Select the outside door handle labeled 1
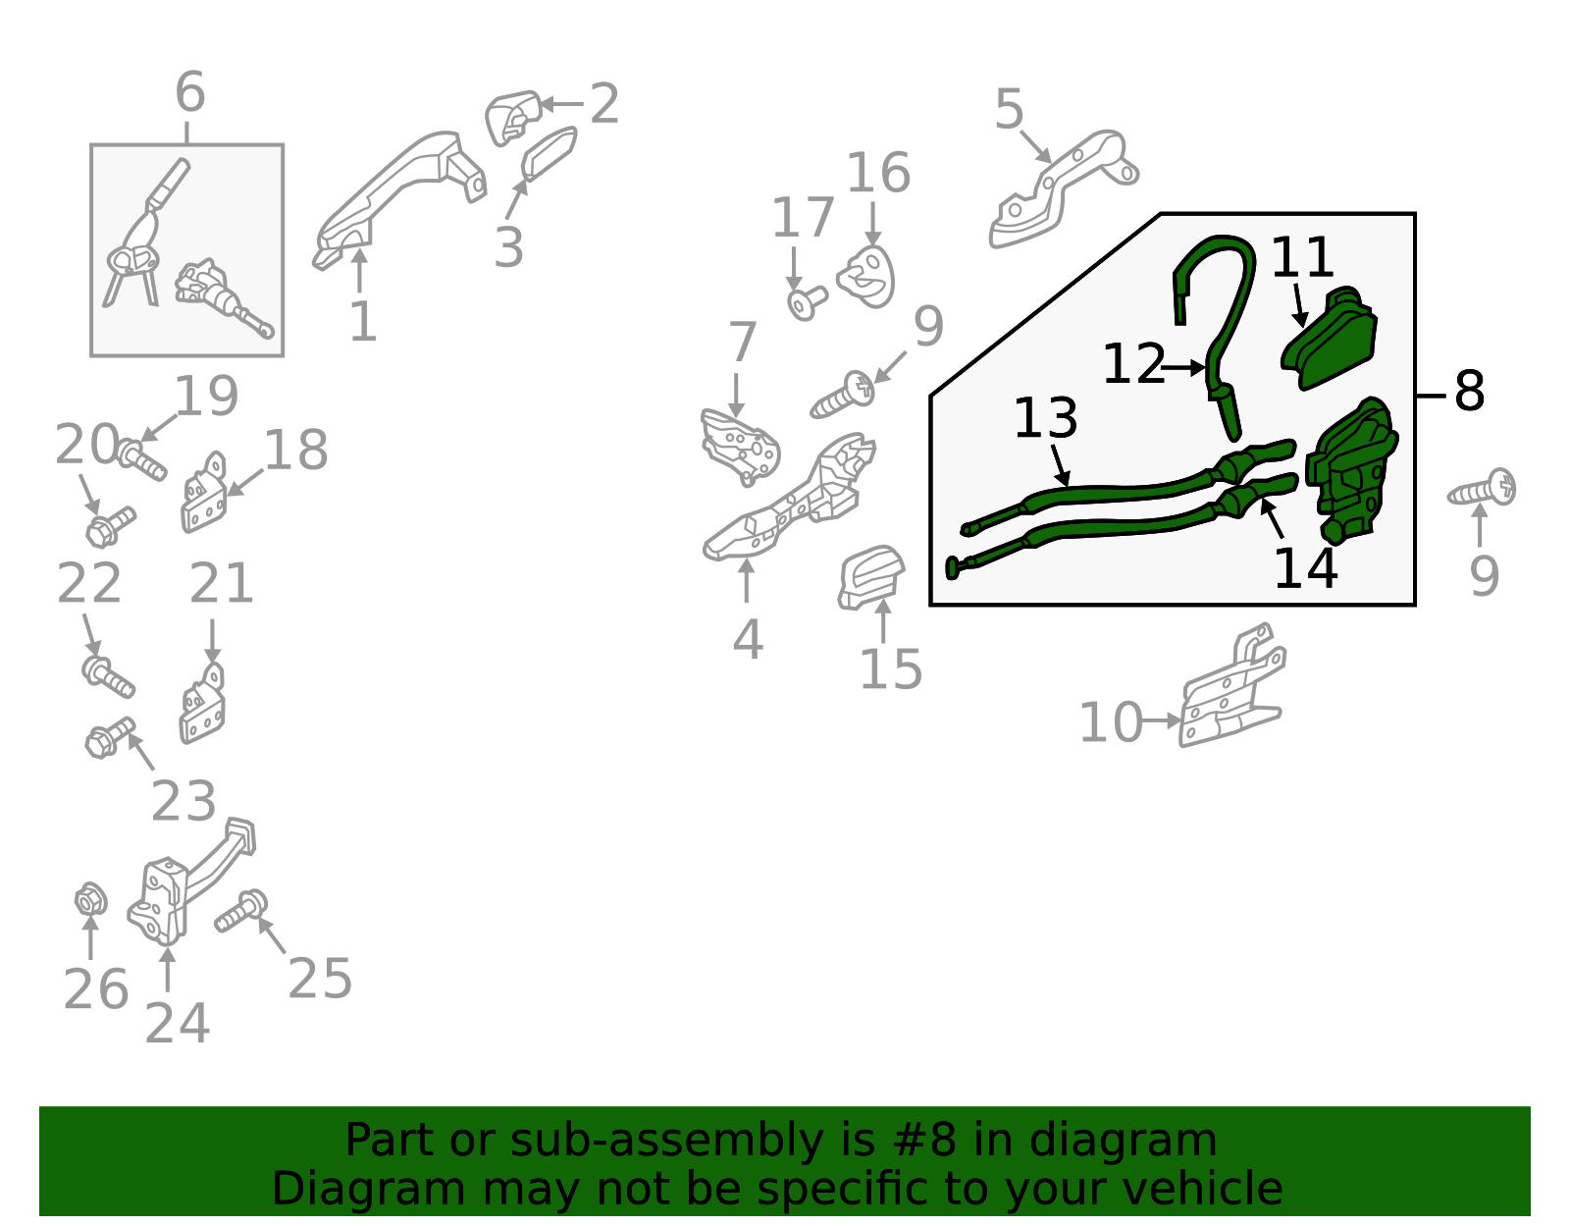click(x=398, y=198)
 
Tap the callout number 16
click(x=878, y=174)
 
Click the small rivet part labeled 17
click(x=807, y=302)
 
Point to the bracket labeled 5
click(x=1062, y=188)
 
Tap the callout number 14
click(x=1305, y=568)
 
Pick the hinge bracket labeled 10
click(x=1232, y=686)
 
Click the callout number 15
click(x=891, y=669)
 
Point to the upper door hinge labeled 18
click(x=204, y=493)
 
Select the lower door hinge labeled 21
click(x=202, y=704)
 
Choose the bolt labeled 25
click(x=241, y=912)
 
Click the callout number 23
click(x=183, y=800)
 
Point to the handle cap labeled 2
click(x=513, y=118)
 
